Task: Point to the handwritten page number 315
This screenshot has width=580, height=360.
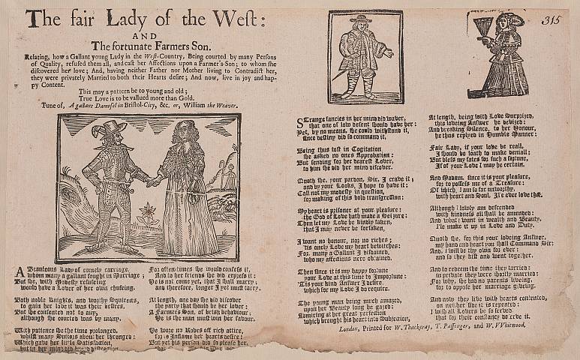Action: pyautogui.click(x=553, y=20)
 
